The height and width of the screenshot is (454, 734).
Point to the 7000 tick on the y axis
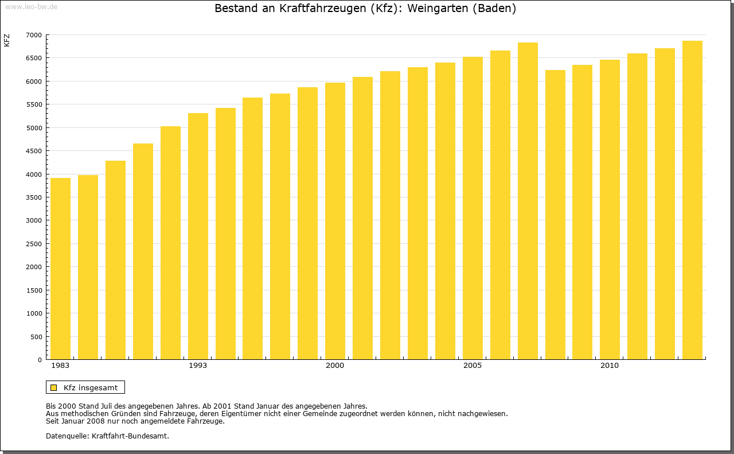click(34, 35)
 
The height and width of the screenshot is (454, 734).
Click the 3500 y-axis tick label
click(34, 197)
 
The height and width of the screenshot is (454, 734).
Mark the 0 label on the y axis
click(39, 360)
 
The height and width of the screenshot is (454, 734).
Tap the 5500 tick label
click(34, 104)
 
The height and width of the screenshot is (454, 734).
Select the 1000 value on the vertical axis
click(34, 313)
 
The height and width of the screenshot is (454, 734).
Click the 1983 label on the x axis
click(60, 366)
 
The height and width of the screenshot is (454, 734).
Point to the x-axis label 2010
click(610, 366)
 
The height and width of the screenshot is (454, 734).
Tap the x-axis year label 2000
click(335, 366)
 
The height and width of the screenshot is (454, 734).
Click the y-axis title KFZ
click(7, 40)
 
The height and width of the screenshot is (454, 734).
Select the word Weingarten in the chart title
click(438, 9)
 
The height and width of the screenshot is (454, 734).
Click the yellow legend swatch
click(53, 387)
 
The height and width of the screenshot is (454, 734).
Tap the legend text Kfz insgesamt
click(91, 387)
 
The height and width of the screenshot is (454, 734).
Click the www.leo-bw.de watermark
click(30, 6)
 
